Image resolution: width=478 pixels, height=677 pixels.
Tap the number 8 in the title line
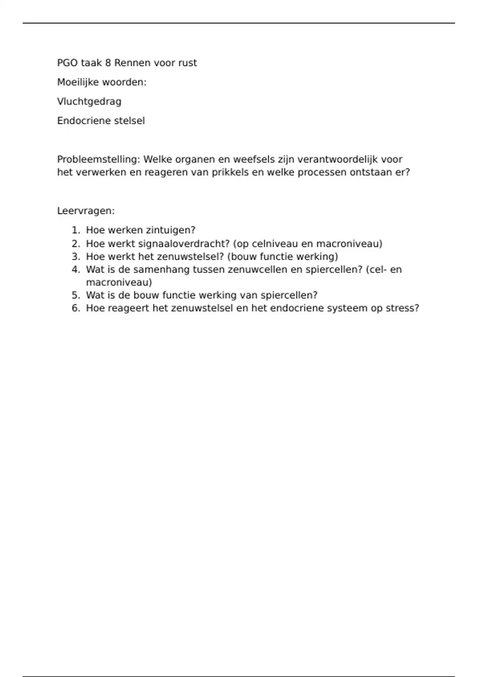tap(108, 63)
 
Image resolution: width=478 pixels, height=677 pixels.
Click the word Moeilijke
tap(78, 82)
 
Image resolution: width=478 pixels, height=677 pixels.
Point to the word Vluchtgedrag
tap(89, 102)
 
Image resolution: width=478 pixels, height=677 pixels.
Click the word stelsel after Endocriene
tap(129, 121)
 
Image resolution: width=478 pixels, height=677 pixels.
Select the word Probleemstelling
tap(98, 159)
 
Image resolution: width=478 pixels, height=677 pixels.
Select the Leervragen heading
tap(86, 211)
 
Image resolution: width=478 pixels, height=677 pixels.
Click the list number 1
tap(75, 230)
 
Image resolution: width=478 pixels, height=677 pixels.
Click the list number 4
tap(75, 270)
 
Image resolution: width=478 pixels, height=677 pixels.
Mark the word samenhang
tap(161, 270)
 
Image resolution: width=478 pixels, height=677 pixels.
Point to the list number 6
tap(75, 308)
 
